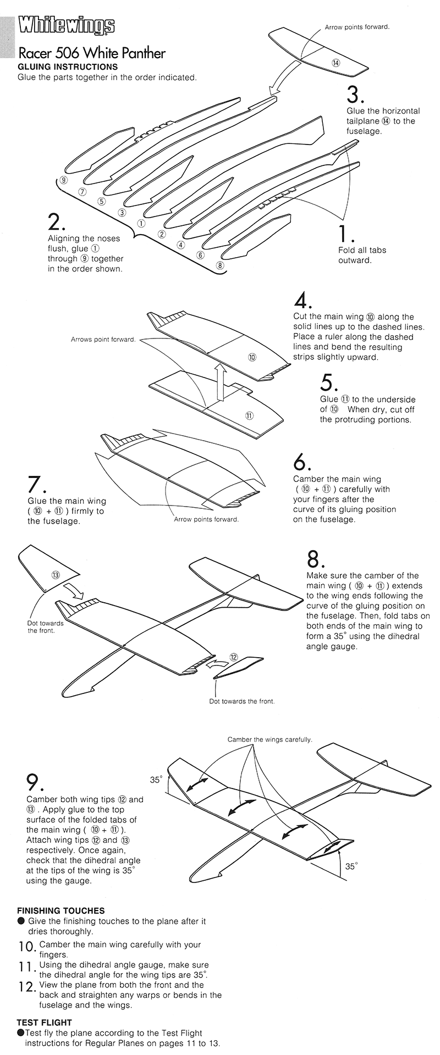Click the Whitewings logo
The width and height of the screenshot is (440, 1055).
[x=67, y=26]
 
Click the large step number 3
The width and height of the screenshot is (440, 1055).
[x=355, y=95]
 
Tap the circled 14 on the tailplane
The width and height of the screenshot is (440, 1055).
[x=336, y=63]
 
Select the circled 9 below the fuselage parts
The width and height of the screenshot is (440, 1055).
[x=64, y=180]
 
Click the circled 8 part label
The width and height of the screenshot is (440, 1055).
[x=220, y=265]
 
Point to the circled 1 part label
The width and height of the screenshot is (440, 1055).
[x=141, y=224]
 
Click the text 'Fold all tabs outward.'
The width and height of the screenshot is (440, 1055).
[x=362, y=255]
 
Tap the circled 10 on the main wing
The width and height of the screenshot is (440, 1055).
[x=252, y=357]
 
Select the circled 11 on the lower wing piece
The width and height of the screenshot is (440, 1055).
[x=249, y=415]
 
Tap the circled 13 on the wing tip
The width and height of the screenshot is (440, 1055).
[x=55, y=575]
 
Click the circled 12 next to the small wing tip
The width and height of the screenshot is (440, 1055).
[x=233, y=657]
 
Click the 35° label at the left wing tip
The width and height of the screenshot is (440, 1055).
[x=156, y=780]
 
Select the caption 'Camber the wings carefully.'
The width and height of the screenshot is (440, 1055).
[x=269, y=740]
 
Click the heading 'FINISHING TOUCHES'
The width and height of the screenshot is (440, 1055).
[x=61, y=910]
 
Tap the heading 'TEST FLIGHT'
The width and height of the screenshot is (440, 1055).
[x=44, y=1023]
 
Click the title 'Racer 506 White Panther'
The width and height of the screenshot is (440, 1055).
[x=91, y=53]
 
